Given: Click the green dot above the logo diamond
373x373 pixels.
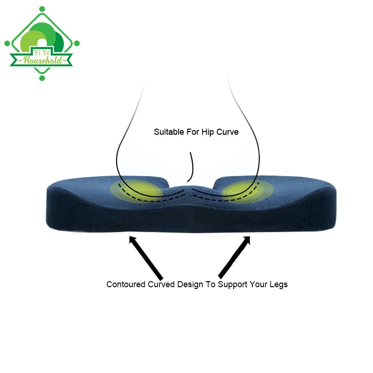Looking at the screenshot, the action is [42, 9].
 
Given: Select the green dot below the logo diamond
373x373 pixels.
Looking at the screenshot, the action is [42, 78].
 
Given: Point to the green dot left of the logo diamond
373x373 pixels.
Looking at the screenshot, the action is [7, 43].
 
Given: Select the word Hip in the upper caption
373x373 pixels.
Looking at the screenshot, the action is [207, 132].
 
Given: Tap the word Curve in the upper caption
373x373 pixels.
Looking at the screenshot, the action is [227, 132].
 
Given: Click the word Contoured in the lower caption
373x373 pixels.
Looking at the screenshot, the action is [126, 284].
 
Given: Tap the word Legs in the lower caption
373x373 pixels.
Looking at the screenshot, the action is [278, 284].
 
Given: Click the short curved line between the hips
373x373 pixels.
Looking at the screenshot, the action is [191, 166].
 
